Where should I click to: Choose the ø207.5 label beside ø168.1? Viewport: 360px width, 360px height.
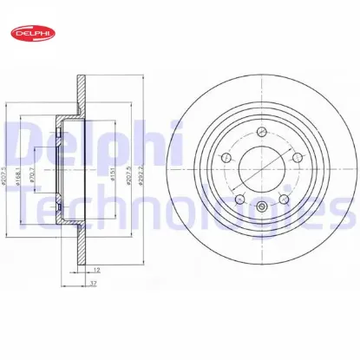click(x=7, y=180)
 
